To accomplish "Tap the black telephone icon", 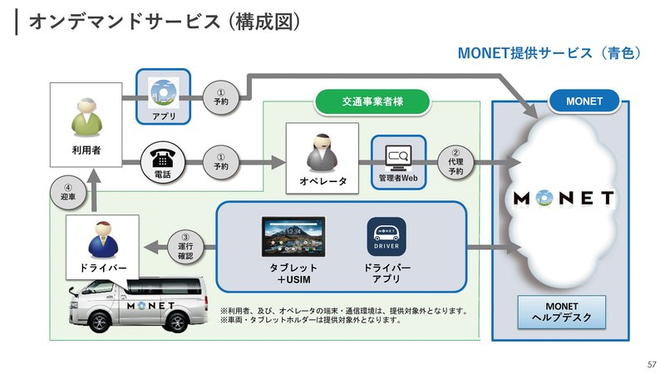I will tap(163, 158).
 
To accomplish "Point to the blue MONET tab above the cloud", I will tap(584, 101).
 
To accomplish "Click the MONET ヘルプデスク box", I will tap(560, 312).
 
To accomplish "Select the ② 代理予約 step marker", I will tap(456, 160).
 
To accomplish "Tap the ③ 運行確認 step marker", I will tap(185, 246).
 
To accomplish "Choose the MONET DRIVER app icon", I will tap(387, 238).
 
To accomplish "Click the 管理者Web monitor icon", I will tap(397, 155).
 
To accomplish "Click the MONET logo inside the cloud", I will tap(563, 199).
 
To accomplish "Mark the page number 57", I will tap(651, 364).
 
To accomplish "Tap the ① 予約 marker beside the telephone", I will tap(220, 160).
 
